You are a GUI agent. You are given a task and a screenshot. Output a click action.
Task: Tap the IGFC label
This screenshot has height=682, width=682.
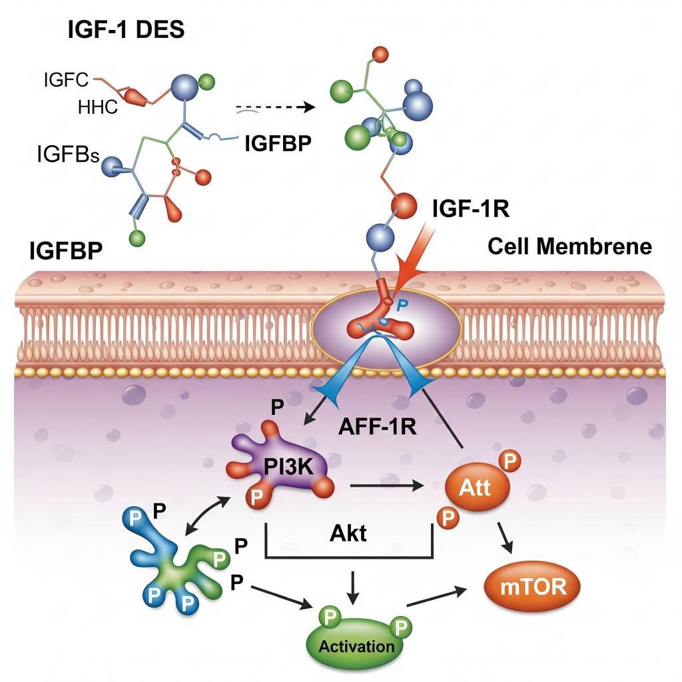(x=66, y=81)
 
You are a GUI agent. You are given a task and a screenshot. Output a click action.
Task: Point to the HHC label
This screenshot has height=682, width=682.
(x=98, y=106)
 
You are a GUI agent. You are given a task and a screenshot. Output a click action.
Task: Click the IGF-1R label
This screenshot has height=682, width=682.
(x=470, y=208)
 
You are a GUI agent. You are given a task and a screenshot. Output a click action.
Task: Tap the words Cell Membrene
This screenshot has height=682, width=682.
(x=569, y=246)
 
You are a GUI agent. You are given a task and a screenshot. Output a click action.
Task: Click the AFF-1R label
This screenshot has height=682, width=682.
(x=377, y=427)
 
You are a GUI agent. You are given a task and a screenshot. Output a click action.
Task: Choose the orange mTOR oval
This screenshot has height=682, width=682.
(x=531, y=586)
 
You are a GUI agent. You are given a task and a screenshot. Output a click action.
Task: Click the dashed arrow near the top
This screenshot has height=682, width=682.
(x=274, y=107)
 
